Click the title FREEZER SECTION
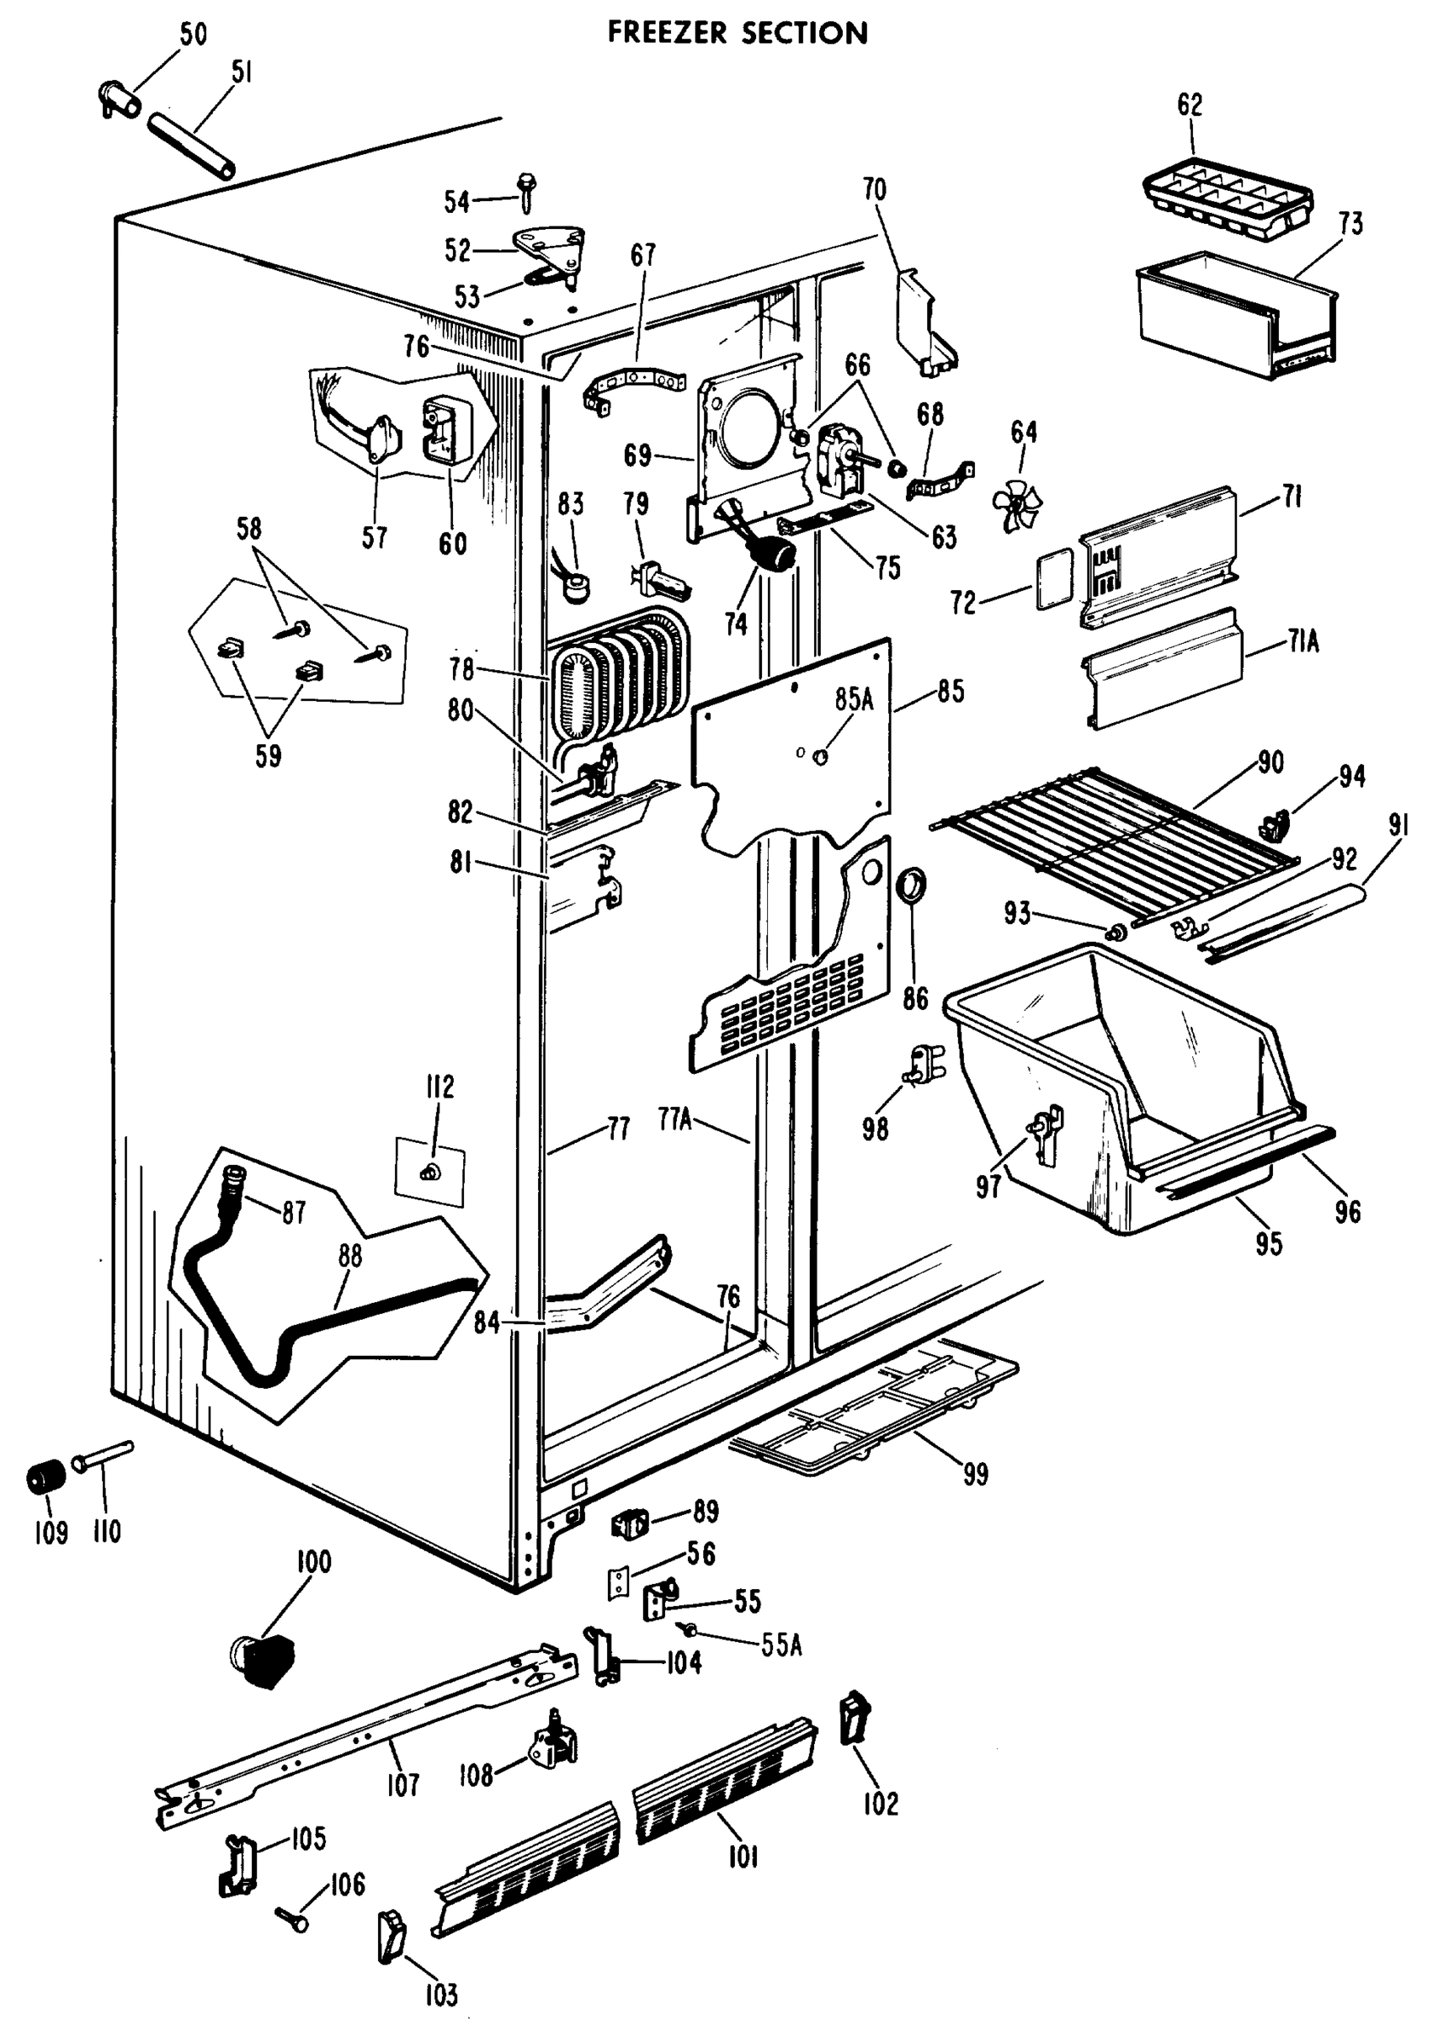(738, 33)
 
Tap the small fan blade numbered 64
(1015, 506)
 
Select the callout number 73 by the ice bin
(1350, 223)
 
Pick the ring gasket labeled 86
(912, 885)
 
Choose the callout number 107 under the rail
(402, 1785)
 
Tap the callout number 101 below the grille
(743, 1858)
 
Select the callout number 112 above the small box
(439, 1087)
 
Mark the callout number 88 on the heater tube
(350, 1256)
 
